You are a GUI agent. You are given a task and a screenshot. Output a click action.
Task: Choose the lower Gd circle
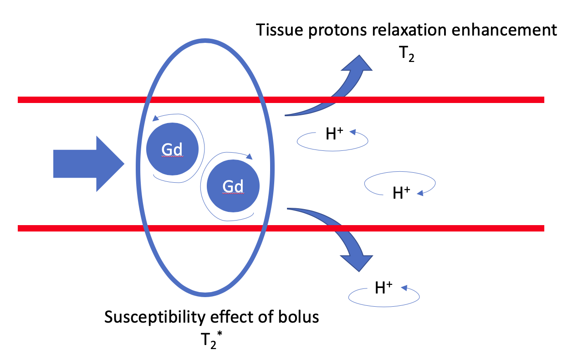233,187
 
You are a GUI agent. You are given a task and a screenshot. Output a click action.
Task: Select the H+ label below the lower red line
384,288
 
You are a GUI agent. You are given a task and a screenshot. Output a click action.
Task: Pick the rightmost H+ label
401,193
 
